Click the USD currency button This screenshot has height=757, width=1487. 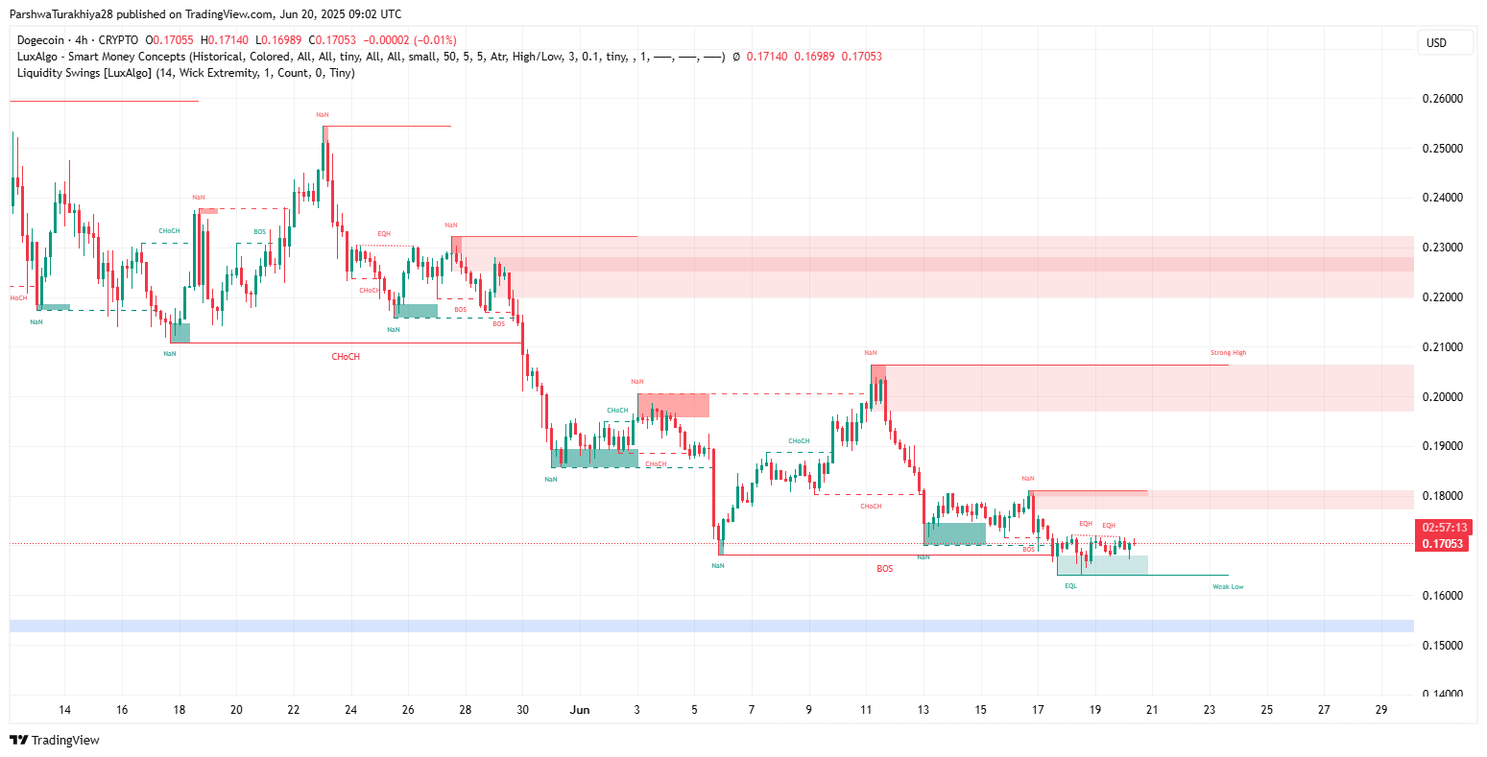click(1436, 43)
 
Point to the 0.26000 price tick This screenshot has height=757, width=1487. click(1442, 99)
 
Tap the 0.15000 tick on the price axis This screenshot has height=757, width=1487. click(1442, 645)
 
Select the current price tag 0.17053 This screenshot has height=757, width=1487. click(1443, 544)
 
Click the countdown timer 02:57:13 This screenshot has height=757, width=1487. click(1443, 528)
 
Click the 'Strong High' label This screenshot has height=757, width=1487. click(1228, 353)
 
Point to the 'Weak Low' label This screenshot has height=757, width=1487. click(1228, 587)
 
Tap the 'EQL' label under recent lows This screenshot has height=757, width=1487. click(1070, 586)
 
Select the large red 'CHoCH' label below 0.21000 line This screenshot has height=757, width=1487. click(346, 357)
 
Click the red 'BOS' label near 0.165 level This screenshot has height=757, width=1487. click(884, 569)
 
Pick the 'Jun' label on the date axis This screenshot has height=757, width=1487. click(579, 710)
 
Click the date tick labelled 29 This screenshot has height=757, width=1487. click(1380, 710)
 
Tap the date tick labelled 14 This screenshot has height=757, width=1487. click(64, 710)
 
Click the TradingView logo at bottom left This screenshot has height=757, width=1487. click(55, 740)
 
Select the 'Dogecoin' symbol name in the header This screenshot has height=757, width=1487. click(40, 40)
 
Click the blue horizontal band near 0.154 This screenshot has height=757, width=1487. click(710, 627)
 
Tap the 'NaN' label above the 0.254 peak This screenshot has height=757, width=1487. click(323, 115)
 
